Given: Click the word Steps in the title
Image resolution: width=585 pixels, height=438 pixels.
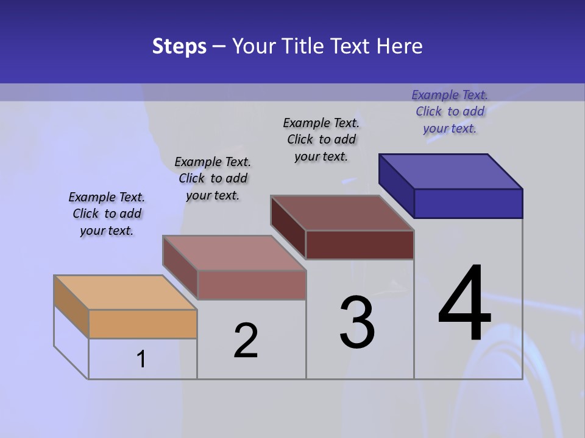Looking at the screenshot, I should coord(179,46).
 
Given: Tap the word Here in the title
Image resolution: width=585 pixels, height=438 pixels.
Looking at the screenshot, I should coord(400,46).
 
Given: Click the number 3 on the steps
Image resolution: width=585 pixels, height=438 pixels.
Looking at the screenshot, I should coord(357,322).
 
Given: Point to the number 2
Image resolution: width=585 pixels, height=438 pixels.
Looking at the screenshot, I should coord(246,340).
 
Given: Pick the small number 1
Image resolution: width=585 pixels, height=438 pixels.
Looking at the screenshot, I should coord(141,359).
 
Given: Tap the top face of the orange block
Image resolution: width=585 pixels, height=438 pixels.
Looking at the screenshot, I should coord(126,292).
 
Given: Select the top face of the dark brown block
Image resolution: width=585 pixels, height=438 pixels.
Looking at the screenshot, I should coord(342,213).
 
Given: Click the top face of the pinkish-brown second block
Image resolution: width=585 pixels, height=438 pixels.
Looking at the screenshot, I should coord(234,252).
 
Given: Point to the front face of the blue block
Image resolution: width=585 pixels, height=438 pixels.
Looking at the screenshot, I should coord(468,203).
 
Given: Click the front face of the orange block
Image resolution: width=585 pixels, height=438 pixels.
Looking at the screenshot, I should coord(143,324).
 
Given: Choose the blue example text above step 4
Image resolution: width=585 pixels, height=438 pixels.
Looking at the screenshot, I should coord(450,111).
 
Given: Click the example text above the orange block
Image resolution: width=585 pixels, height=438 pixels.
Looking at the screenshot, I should coord(107,214).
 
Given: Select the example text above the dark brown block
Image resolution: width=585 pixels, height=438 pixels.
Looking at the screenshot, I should coord(321,139).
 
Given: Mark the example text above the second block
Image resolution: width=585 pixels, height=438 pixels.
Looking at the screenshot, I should coord(213,178).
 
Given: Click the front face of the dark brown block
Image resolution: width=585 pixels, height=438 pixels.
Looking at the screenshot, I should coord(360,245).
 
